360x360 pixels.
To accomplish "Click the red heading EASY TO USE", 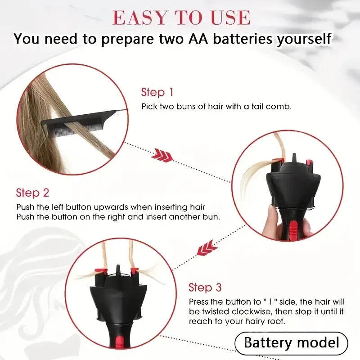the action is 181,18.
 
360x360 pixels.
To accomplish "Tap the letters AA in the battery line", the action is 198,39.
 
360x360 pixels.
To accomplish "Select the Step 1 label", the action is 157,92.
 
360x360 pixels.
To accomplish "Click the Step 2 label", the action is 32,193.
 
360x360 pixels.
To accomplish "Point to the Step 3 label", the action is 205,288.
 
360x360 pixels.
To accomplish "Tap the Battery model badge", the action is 291,343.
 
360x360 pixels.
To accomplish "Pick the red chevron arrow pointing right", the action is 162,155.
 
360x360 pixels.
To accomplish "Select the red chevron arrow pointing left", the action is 207,248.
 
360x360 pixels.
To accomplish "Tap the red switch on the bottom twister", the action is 119,342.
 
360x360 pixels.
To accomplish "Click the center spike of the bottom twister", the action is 118,269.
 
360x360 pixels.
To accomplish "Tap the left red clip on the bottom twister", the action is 100,271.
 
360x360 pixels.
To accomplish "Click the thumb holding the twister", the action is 273,218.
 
